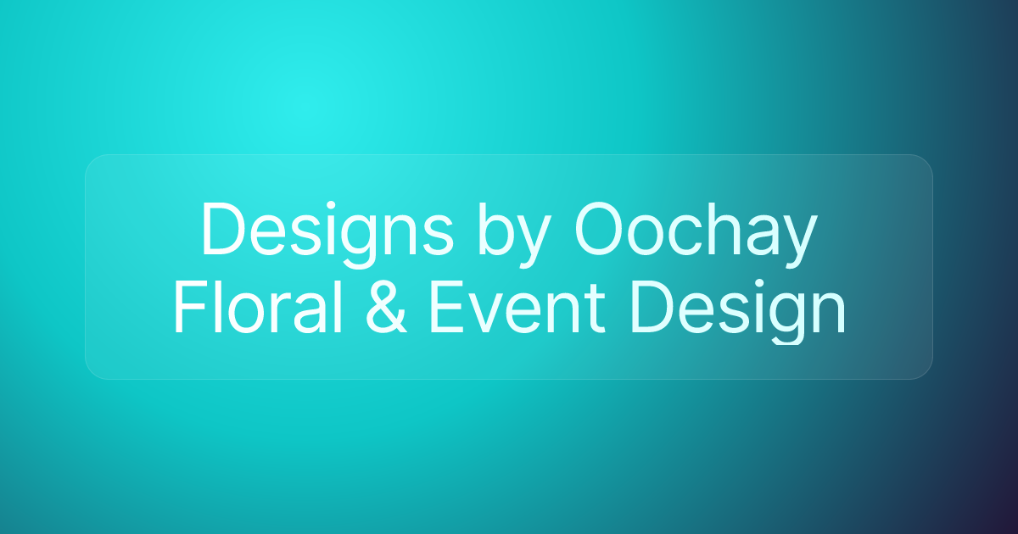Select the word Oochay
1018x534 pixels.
coord(696,231)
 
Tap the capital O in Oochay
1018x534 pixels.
coord(601,230)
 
